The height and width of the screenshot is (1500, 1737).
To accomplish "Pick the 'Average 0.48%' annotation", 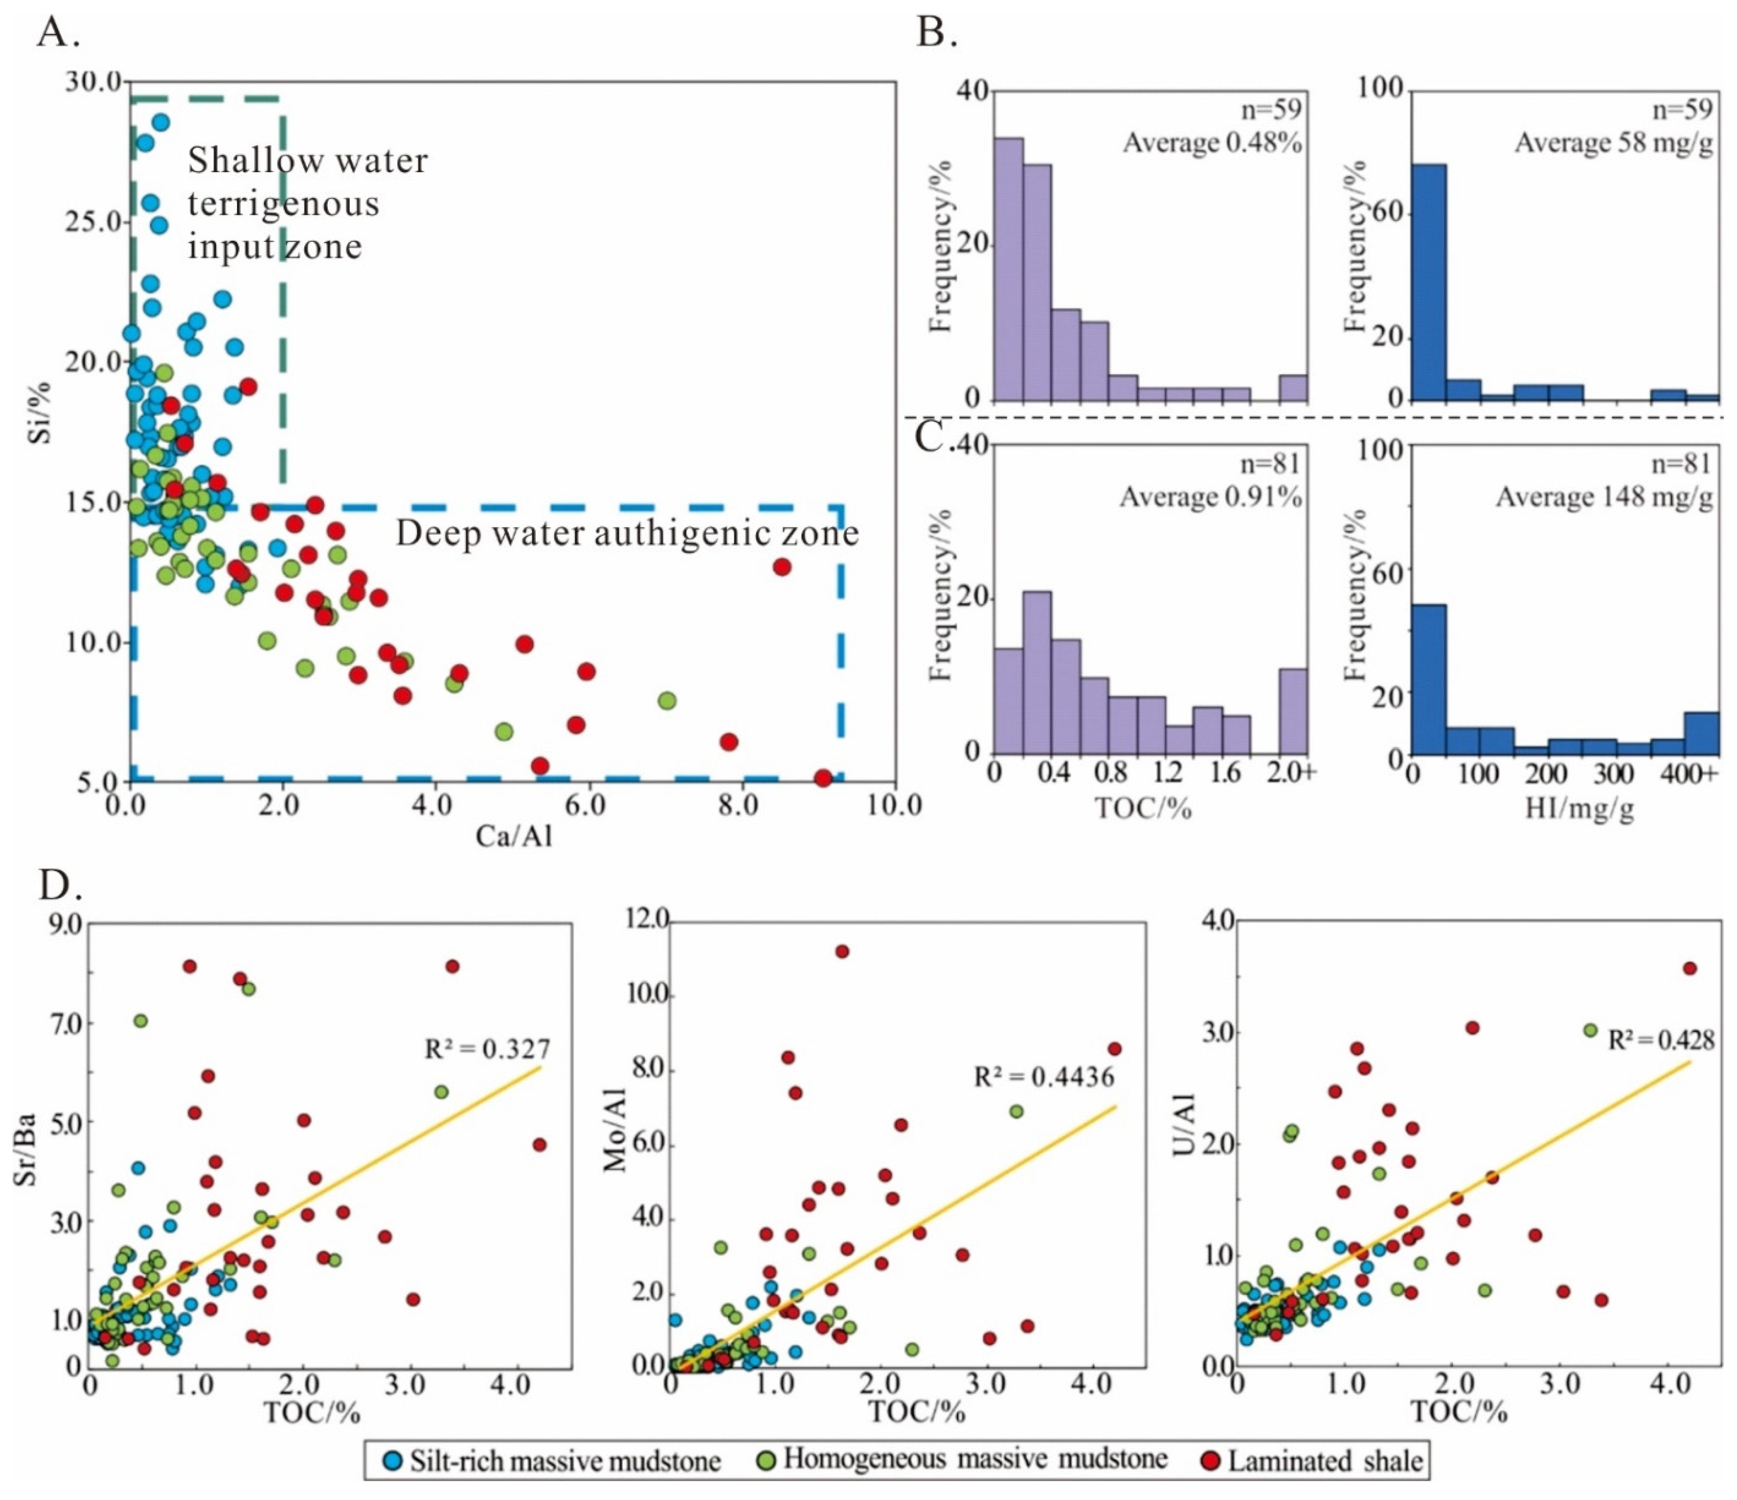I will [x=1212, y=143].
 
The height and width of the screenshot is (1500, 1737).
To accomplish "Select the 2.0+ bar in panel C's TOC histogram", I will [x=1293, y=710].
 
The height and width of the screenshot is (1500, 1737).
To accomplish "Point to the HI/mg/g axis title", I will [x=1580, y=811].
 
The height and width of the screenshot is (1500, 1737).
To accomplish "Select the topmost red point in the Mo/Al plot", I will [x=842, y=951].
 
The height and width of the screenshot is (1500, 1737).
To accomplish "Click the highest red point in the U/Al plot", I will [x=1689, y=968].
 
